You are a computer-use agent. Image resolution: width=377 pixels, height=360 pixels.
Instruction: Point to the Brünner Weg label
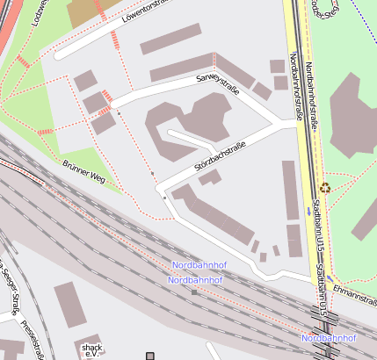pyautogui.click(x=84, y=172)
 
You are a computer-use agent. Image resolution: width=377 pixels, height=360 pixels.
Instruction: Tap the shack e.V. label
pyautogui.click(x=91, y=351)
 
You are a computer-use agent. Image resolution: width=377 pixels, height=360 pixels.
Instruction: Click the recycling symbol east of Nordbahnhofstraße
pyautogui.click(x=325, y=187)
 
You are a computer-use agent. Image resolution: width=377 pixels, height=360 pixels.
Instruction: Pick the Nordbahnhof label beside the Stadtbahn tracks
pyautogui.click(x=328, y=338)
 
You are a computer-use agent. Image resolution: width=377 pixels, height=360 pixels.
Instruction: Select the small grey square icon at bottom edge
pyautogui.click(x=149, y=355)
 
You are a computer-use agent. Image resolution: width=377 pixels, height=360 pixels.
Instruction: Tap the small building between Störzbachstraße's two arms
pyautogui.click(x=209, y=178)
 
